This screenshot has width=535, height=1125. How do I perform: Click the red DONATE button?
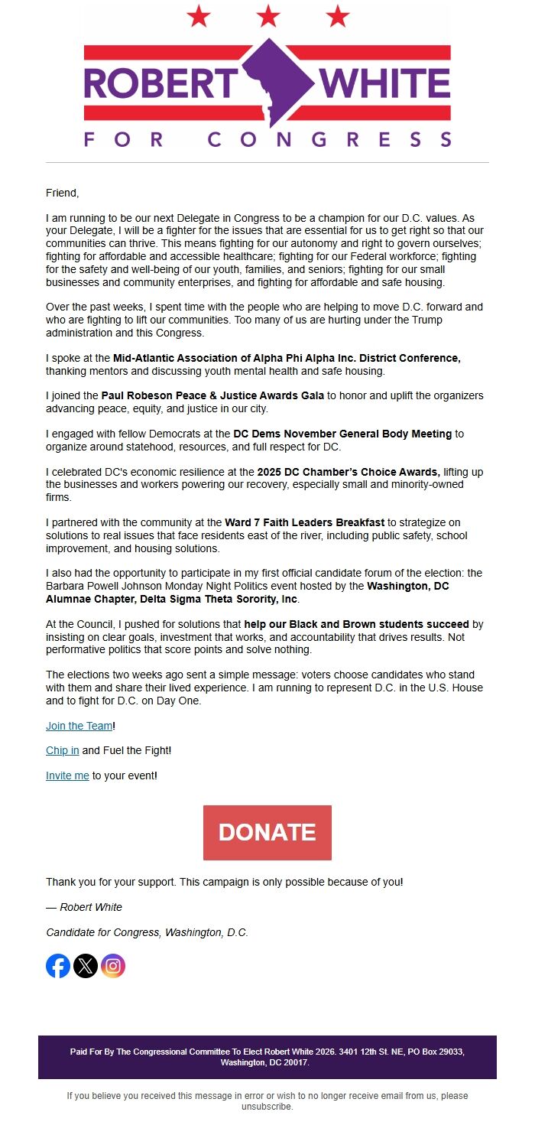coord(267,832)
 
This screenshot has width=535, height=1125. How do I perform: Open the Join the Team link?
coord(79,726)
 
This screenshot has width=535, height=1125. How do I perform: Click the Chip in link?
coord(62,751)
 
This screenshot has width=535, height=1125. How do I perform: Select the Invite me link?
coord(67,775)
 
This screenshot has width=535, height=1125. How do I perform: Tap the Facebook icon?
coord(58,966)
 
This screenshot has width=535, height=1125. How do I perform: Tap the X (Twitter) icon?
coord(86,966)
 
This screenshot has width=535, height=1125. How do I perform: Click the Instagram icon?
coord(113,966)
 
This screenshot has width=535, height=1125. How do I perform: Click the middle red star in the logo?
coord(267,15)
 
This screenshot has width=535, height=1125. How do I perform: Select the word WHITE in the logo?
coord(386,83)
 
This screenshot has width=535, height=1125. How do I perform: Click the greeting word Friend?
coord(62,193)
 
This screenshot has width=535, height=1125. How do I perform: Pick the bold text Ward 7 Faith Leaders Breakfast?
coord(304,522)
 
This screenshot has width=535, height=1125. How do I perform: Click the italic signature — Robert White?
coord(84,907)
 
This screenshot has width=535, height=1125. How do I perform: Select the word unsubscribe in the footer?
coord(267,1106)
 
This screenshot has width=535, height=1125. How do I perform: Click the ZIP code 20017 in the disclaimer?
coord(295,1062)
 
